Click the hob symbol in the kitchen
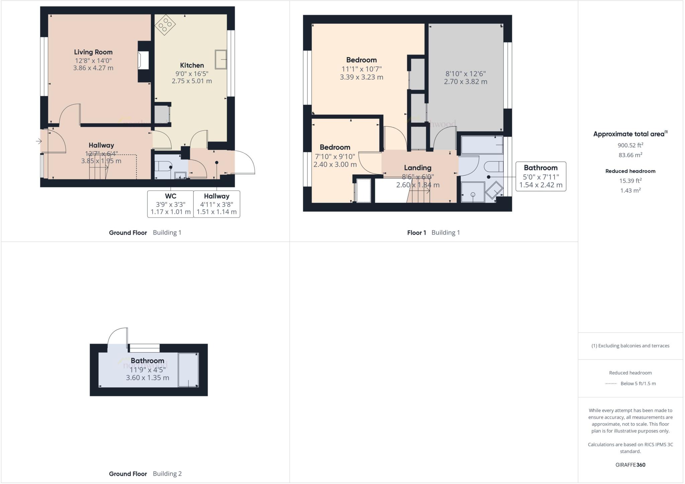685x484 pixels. [x=165, y=25]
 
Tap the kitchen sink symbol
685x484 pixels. [x=221, y=60]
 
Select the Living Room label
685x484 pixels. [x=93, y=52]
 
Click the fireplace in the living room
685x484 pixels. [x=143, y=61]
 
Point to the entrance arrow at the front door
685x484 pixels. [x=39, y=141]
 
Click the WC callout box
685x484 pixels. [x=171, y=204]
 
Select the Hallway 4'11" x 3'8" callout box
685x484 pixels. [x=217, y=204]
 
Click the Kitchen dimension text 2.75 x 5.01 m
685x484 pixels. [x=192, y=81]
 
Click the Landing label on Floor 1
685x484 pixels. [x=417, y=168]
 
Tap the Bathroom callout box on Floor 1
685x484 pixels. [x=541, y=176]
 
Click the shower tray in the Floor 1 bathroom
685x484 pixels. [x=473, y=192]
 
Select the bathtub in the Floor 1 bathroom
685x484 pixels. [x=482, y=145]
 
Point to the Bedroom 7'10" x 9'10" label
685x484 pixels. [x=335, y=148]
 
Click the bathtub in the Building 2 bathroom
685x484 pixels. [x=188, y=370]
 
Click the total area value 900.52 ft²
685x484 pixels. [x=630, y=145]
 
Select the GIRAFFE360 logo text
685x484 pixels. [x=630, y=465]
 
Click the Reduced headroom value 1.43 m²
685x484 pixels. [x=630, y=190]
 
